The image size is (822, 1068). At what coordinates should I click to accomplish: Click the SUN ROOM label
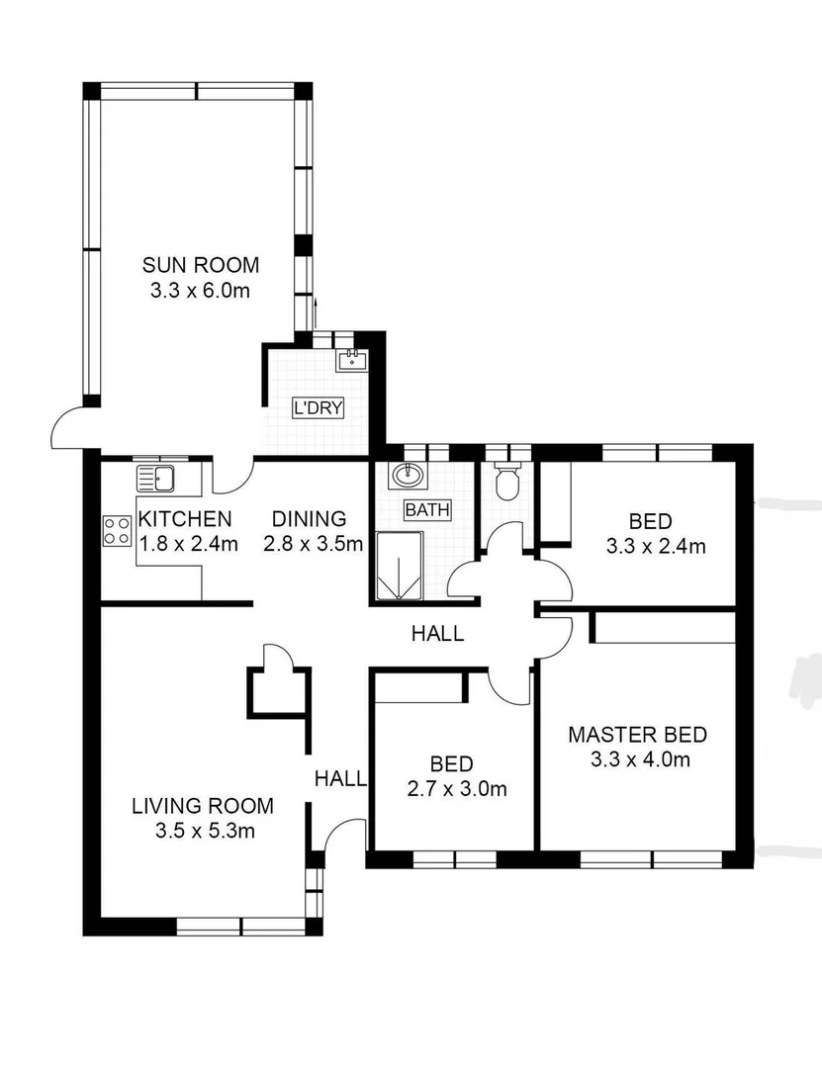[200, 265]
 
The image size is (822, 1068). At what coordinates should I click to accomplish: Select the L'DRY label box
[318, 406]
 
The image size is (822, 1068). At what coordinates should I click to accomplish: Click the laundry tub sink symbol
[351, 360]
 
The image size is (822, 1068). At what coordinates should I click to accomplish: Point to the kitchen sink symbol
[156, 479]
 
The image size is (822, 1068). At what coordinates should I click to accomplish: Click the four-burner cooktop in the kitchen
[117, 531]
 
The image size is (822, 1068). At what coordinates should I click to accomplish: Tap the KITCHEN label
[185, 519]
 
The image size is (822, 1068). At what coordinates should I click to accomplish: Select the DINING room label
[310, 519]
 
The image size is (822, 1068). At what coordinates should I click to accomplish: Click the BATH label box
[426, 510]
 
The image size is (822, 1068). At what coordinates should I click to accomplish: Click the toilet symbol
[506, 482]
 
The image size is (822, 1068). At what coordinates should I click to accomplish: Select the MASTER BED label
[637, 735]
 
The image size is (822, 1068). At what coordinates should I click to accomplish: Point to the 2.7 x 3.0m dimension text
[451, 789]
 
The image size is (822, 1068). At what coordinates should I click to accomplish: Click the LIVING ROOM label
[203, 806]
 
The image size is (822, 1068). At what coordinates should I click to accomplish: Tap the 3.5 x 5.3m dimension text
[204, 832]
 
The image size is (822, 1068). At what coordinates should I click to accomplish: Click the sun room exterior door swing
[71, 430]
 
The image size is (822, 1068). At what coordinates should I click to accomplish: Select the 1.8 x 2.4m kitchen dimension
[188, 544]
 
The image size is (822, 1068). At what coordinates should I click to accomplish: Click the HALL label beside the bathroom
[437, 634]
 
